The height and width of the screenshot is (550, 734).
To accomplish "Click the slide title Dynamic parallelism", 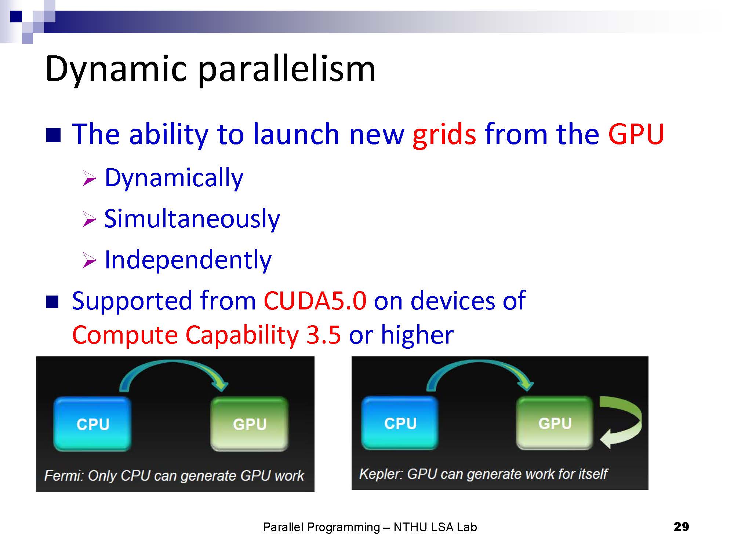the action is click(x=210, y=70).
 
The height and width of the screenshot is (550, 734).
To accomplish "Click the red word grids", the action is click(x=444, y=135).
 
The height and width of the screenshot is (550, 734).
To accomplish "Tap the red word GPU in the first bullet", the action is click(x=636, y=134).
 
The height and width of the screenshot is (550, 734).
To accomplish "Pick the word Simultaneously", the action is click(x=192, y=219).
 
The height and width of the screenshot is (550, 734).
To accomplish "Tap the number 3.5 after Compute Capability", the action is click(x=323, y=335).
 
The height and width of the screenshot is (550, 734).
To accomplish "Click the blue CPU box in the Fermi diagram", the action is click(x=92, y=424).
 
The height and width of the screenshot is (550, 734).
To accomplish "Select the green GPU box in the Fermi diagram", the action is click(x=250, y=424).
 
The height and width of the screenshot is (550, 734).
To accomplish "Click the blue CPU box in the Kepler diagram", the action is click(x=400, y=423).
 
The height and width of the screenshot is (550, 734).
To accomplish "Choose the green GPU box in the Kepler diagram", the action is click(x=555, y=423).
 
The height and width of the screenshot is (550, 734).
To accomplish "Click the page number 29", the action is click(x=682, y=527).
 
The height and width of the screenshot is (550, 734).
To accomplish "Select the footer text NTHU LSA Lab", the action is click(x=435, y=527).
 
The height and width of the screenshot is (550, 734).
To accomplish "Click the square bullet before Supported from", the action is click(x=52, y=302).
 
